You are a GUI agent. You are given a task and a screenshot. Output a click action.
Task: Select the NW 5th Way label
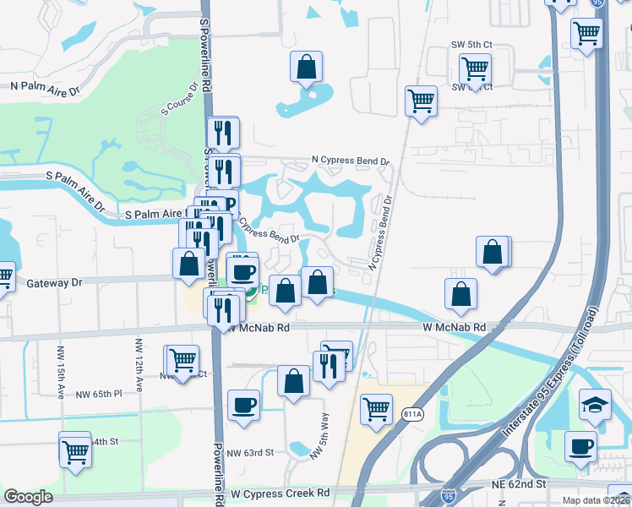tap(319, 435)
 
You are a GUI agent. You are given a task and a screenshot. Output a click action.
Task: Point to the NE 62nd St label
tap(519, 484)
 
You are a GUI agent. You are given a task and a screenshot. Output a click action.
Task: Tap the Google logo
tap(28, 497)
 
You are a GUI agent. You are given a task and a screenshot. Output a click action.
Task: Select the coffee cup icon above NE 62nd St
tap(580, 445)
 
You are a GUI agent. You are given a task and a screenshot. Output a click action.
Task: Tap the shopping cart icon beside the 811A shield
tap(376, 408)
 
